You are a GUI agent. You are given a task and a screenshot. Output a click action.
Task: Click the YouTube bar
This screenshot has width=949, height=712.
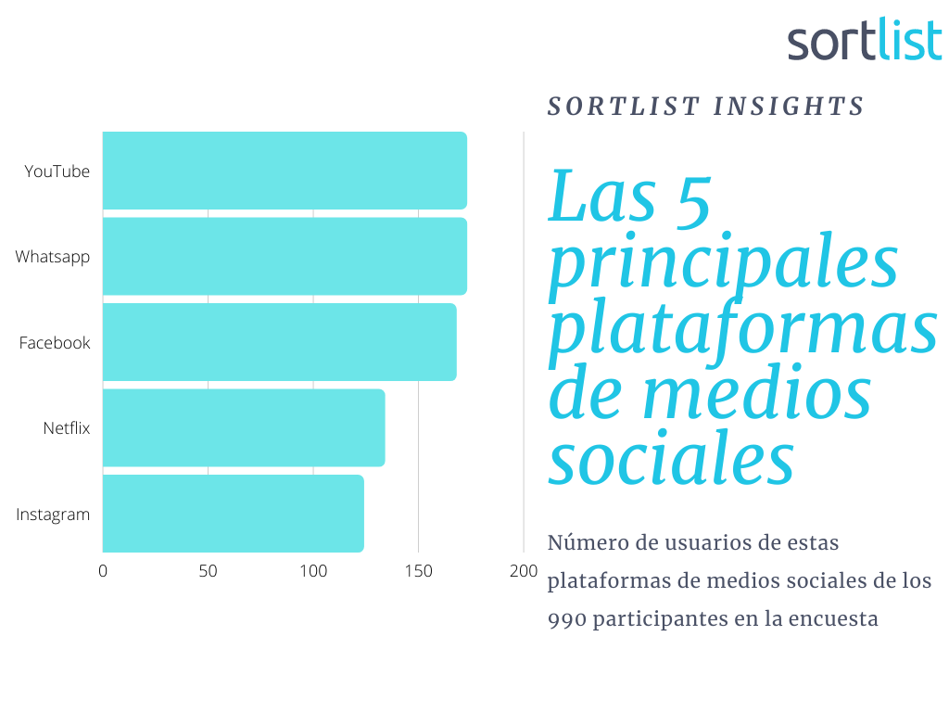pos(285,171)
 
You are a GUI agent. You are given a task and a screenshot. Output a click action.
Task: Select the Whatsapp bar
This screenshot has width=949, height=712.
pos(285,256)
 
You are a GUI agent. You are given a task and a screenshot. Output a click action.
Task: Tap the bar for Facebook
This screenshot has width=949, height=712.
pos(280,342)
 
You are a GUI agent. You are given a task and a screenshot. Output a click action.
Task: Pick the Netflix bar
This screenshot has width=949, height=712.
pos(244,428)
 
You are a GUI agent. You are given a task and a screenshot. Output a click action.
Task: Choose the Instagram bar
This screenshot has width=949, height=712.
pos(233,514)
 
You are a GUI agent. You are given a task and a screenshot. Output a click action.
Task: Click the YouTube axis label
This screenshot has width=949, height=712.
pos(57,172)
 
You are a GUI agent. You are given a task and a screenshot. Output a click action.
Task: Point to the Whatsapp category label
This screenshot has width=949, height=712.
pos(53,258)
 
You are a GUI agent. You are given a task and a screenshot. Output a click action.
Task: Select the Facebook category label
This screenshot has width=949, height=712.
pos(55,343)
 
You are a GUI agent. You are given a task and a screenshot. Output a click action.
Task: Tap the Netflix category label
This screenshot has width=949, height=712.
pos(67,428)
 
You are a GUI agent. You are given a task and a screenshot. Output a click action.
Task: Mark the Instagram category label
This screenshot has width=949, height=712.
pos(53,515)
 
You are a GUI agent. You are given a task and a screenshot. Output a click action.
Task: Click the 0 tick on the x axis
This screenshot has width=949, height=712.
pos(103,571)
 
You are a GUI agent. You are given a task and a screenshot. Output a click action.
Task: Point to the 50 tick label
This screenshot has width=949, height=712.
pos(208,571)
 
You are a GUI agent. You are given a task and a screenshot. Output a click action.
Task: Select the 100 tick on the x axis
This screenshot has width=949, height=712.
pos(313,571)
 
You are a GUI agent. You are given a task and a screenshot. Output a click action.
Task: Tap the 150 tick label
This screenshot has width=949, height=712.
pos(418,571)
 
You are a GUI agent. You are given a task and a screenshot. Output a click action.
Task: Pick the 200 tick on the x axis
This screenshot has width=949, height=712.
pos(524,571)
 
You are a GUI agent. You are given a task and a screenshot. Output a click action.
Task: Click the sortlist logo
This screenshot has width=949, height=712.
pos(865,39)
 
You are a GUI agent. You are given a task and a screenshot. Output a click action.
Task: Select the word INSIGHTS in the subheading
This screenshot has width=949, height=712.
pos(789,107)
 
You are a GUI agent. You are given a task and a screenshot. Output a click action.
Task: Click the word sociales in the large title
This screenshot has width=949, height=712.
pos(671,458)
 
